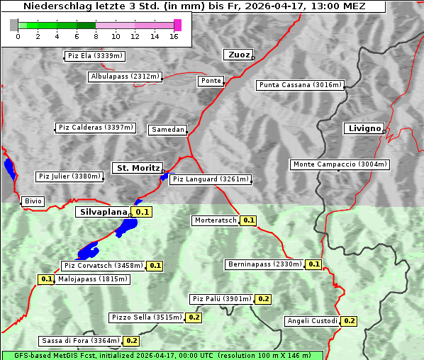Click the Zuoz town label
[237, 55]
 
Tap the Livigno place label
[363, 128]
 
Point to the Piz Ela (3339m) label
[94, 55]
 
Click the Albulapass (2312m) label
[125, 77]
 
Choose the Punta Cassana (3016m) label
[300, 85]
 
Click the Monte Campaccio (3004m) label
[340, 164]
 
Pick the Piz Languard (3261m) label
[211, 179]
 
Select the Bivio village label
[33, 201]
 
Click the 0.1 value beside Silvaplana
[143, 212]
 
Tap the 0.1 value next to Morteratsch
[249, 220]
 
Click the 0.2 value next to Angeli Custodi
[349, 321]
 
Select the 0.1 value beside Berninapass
[314, 264]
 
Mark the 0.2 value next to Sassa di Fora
[131, 341]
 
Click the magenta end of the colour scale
[177, 25]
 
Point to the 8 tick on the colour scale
[96, 35]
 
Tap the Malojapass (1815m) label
[93, 279]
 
